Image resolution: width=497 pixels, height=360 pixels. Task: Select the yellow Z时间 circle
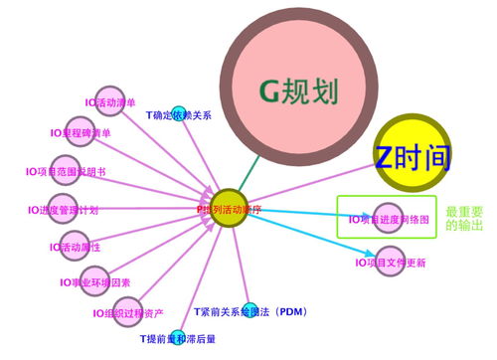[412, 156]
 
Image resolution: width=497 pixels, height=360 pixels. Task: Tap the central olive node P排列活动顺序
[229, 209]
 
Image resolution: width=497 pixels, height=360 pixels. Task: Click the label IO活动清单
[110, 101]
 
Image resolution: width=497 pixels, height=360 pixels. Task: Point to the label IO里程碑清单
[82, 132]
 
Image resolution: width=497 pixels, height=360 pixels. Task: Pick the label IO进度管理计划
[63, 211]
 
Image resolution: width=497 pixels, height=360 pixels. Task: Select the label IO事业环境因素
[94, 282]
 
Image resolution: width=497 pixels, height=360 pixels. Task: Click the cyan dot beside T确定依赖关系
[179, 113]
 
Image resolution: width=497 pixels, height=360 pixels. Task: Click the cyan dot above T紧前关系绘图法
[249, 308]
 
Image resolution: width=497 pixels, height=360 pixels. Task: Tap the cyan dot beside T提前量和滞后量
[177, 336]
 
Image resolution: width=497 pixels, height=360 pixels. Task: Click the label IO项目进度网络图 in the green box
[389, 219]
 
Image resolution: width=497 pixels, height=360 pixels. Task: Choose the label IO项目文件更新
[390, 263]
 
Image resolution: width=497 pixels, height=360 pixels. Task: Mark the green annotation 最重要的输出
[464, 219]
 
